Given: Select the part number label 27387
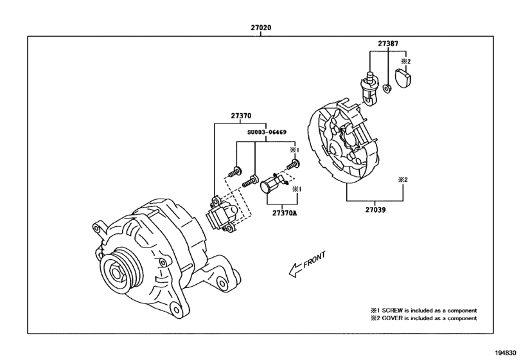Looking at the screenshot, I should (387, 44).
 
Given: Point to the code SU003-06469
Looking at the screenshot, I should (267, 133).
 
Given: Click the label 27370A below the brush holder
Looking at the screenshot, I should (285, 213).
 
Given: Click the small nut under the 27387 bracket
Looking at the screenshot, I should (387, 87).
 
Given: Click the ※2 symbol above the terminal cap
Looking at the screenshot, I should (405, 62).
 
